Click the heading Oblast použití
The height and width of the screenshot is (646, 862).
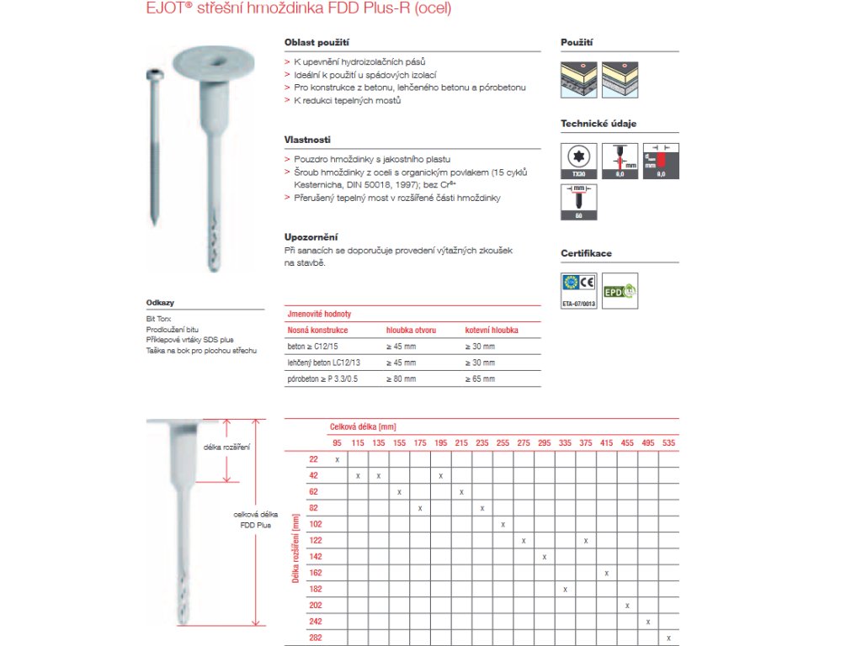point(317,41)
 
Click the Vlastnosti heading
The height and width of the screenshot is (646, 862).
point(307,139)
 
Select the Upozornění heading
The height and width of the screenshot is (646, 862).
point(311,237)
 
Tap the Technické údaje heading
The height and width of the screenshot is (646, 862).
point(599,124)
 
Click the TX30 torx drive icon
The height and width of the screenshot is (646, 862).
point(577,160)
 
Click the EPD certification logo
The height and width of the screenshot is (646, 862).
point(620,289)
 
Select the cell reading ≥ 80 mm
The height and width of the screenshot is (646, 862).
point(401,379)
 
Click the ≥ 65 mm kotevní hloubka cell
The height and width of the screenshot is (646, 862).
point(480,379)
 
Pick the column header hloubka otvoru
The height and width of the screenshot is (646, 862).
point(411,331)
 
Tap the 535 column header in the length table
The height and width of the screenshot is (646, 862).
point(668,442)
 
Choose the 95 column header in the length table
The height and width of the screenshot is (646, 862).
point(337,442)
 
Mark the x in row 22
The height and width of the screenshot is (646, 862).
point(337,459)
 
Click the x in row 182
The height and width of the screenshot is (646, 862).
point(566,589)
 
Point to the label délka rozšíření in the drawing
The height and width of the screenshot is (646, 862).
point(227,446)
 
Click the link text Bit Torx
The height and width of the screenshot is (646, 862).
point(158,320)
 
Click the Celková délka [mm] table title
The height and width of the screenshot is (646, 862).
point(363,427)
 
